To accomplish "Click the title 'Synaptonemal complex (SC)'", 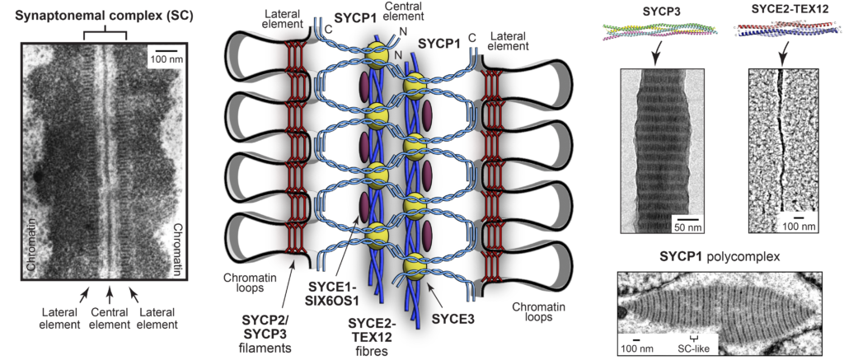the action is pos(104,16).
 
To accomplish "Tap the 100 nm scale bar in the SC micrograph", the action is pos(165,51).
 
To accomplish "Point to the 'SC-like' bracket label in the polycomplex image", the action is pos(694,348).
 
